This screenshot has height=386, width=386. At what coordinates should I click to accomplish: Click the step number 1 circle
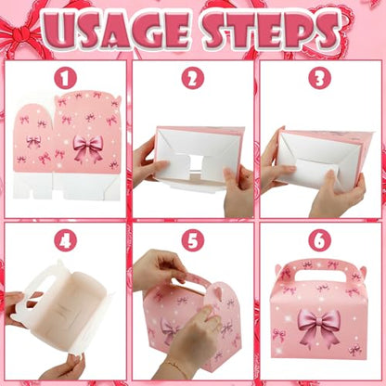click(x=65, y=78)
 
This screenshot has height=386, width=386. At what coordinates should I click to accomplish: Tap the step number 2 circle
click(x=192, y=78)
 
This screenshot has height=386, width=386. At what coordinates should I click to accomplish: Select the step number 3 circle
click(x=320, y=78)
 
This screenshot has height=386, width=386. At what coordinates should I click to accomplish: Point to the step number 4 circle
click(x=65, y=240)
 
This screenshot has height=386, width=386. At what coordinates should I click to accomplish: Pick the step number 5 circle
click(x=192, y=240)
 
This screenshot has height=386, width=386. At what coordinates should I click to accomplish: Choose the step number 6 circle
click(x=320, y=240)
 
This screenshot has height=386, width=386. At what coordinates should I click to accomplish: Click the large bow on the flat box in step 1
click(x=88, y=148)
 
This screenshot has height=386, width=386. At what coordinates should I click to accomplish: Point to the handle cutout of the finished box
click(x=323, y=277)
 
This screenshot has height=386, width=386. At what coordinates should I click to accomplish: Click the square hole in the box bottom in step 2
click(x=196, y=162)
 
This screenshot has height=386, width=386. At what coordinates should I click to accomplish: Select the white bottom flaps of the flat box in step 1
click(x=67, y=186)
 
